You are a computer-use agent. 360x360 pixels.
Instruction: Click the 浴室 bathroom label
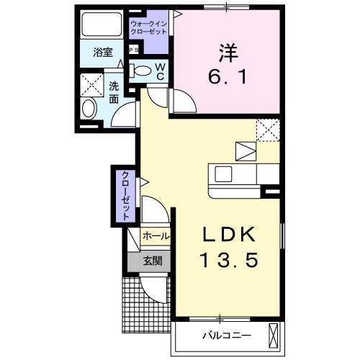[102, 52]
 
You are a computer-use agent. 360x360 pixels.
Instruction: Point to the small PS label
[133, 50]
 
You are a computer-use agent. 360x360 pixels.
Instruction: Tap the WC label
[160, 71]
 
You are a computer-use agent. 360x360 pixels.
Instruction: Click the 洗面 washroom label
[114, 92]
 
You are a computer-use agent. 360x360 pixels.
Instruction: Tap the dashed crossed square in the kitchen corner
[268, 130]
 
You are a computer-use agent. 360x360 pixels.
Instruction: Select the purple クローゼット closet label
[125, 195]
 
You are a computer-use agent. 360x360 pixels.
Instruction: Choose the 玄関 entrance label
[150, 261]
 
